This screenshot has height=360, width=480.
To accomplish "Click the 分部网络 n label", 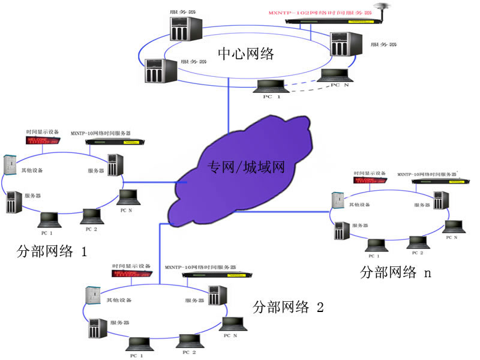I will [395, 272].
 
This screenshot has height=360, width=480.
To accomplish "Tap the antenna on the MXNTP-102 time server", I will [379, 8].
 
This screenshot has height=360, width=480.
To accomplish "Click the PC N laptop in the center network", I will [334, 76].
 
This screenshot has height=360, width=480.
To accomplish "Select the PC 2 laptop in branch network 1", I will [92, 216].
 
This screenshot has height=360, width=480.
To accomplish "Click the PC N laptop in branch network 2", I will [232, 323].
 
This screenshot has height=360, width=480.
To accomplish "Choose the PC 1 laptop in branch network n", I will [376, 245].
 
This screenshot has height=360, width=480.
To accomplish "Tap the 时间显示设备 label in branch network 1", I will [42, 132].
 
